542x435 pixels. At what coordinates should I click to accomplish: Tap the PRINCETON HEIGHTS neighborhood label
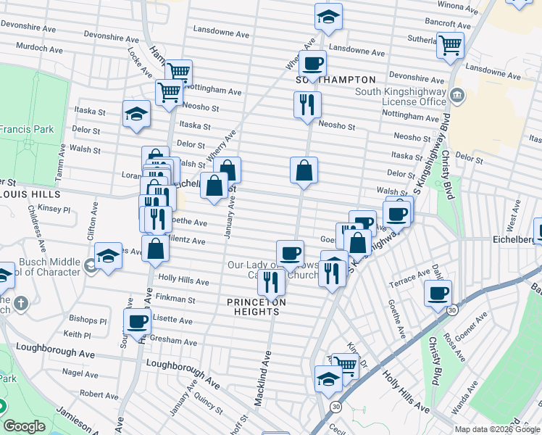256,307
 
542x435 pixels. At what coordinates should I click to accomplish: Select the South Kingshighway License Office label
401,96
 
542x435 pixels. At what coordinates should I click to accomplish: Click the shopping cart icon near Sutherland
451,45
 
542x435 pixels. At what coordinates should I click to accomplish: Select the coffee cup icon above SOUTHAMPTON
312,63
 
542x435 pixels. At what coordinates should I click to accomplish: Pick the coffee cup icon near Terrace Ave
438,293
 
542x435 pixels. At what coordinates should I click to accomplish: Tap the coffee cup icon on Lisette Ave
136,321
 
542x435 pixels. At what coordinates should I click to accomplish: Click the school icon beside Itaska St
135,113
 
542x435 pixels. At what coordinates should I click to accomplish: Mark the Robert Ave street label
99,394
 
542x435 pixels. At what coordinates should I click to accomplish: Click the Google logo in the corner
24,426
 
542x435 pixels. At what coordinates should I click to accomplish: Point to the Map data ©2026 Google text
496,429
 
